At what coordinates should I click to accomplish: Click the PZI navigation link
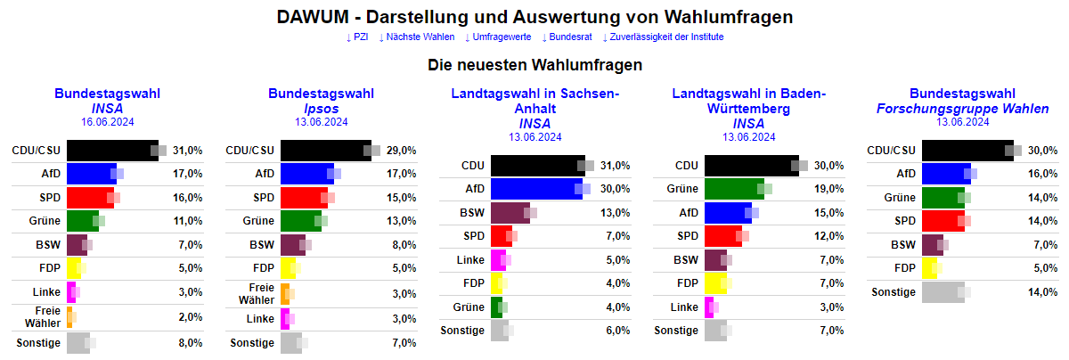[357, 37]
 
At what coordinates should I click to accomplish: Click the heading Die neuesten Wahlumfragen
[534, 65]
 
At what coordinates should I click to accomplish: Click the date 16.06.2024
[107, 122]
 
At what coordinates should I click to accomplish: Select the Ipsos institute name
[321, 108]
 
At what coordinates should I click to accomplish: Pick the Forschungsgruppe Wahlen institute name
[962, 108]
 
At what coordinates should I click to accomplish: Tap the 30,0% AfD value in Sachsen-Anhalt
[616, 189]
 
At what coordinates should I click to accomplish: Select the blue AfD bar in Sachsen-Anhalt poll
[535, 189]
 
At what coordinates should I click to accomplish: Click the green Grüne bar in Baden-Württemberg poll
[733, 189]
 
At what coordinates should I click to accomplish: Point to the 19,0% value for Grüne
[829, 189]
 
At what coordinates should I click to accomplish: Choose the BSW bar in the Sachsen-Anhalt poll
[510, 212]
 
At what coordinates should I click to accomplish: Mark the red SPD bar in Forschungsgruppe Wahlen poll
[943, 221]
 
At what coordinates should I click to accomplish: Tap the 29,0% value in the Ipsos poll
[402, 151]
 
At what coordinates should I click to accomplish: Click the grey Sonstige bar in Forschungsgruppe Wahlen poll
[943, 292]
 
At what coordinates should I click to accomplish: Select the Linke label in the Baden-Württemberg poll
[683, 307]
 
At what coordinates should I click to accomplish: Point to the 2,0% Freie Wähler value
[188, 317]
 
